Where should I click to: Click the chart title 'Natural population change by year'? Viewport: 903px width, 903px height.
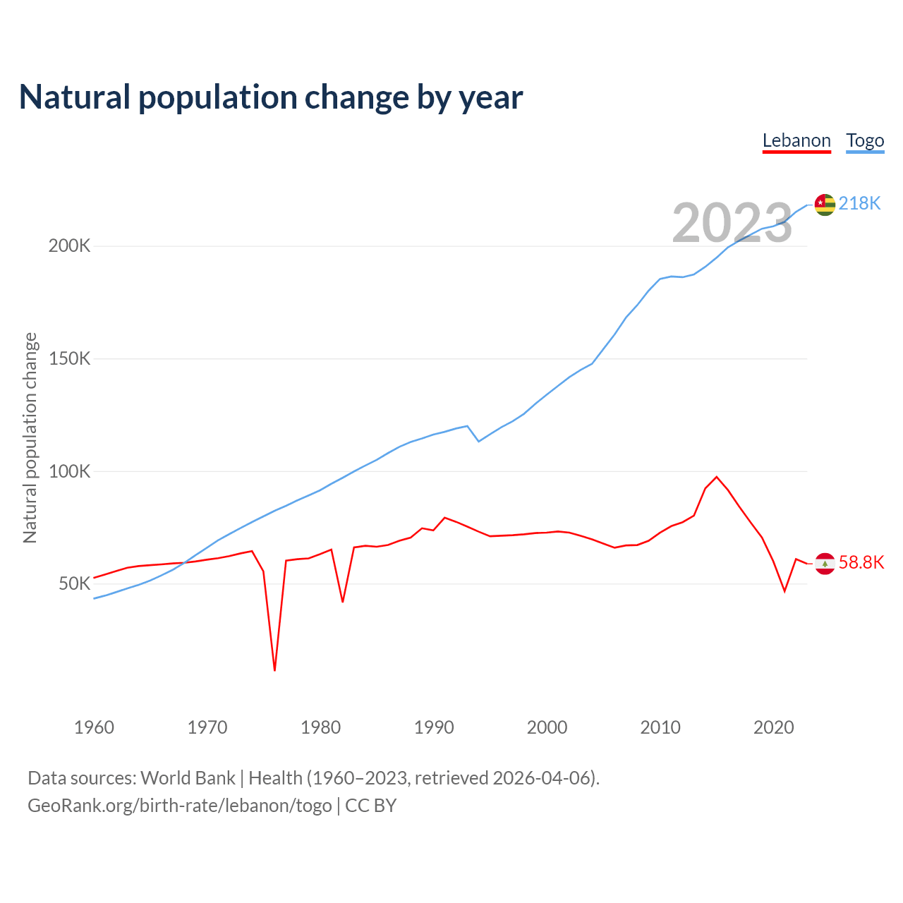click(271, 97)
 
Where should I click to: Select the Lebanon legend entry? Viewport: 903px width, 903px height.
click(796, 140)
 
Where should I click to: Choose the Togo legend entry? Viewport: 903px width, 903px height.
click(865, 140)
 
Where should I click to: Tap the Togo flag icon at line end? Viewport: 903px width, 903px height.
click(825, 205)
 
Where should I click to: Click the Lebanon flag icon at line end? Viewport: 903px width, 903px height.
click(825, 564)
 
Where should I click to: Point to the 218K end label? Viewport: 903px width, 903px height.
click(859, 204)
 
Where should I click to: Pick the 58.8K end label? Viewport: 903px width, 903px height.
click(861, 562)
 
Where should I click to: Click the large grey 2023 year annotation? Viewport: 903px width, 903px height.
click(732, 223)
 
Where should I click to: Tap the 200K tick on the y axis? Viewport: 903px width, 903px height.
click(69, 246)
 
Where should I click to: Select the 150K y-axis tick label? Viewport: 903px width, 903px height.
click(69, 358)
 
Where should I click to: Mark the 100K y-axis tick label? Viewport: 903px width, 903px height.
click(69, 471)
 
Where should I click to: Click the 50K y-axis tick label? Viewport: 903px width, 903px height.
click(74, 583)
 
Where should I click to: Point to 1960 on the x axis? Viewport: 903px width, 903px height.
click(94, 727)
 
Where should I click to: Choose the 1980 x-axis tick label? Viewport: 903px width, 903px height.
click(320, 727)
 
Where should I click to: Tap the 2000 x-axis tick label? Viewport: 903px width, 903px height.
click(547, 727)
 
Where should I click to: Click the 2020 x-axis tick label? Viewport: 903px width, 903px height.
click(773, 727)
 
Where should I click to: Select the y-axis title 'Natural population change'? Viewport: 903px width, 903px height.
click(30, 438)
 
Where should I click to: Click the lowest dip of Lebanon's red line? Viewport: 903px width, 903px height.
click(274, 669)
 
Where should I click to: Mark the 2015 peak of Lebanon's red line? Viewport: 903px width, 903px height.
click(717, 477)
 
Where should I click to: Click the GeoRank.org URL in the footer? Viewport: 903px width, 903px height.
click(180, 806)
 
